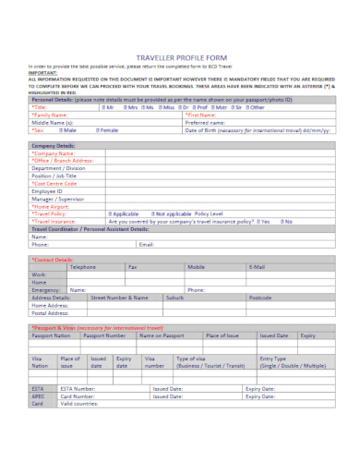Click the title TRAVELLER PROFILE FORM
pos(179,55)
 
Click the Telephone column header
pos(83,266)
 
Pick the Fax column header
pos(132,266)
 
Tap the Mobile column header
pos(196,266)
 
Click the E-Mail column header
pos(258,266)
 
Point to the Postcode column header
pos(260,298)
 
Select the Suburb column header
pos(174,298)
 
